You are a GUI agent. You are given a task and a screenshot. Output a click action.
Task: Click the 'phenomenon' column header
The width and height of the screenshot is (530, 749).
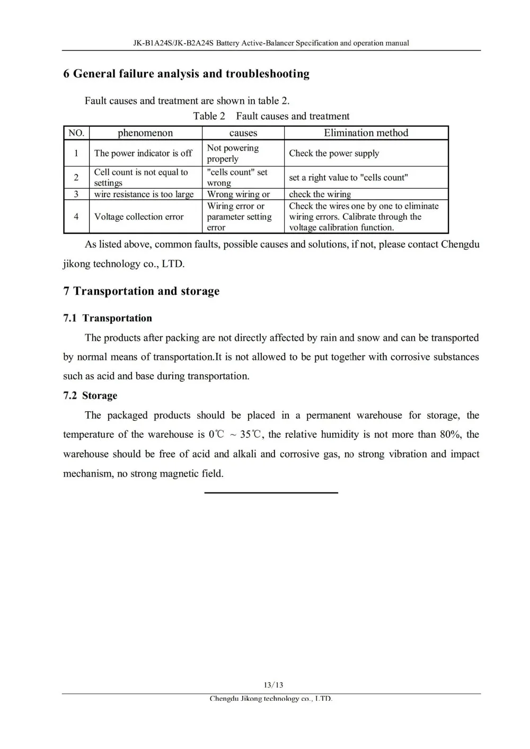point(145,133)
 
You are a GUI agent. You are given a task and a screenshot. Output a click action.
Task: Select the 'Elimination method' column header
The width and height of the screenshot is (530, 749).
point(366,133)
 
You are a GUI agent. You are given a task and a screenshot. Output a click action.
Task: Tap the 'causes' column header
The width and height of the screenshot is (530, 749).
point(243,133)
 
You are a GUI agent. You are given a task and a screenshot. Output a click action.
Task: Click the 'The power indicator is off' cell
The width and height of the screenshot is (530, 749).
point(143,153)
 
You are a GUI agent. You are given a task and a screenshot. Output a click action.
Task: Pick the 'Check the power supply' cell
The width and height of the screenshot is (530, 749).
point(334,153)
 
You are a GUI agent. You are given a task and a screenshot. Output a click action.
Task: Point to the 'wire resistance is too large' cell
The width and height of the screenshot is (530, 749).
point(144,194)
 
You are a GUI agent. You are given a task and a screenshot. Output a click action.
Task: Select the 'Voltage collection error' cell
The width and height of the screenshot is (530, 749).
point(139,216)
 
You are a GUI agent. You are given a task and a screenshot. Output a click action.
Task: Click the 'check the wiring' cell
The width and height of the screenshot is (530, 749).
point(320,194)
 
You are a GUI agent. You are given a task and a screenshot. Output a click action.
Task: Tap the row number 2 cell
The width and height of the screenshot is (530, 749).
point(76,178)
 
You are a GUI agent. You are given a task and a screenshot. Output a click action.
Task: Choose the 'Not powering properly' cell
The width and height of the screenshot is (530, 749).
point(233,153)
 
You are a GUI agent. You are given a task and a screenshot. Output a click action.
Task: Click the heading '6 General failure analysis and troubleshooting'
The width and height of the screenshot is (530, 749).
point(186,74)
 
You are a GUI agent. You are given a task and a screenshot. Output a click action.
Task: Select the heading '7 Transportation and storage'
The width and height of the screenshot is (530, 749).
point(141,291)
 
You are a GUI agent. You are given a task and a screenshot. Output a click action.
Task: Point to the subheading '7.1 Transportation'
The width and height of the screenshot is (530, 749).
point(108,318)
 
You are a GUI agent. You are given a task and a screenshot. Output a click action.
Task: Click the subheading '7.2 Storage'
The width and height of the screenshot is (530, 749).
point(90,395)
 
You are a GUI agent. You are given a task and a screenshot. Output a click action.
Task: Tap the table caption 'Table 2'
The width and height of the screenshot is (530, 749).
point(209,116)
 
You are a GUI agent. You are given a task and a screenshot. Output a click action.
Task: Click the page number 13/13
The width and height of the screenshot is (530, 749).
point(273,685)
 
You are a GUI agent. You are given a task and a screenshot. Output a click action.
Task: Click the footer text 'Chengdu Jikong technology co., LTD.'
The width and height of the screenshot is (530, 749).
point(271,699)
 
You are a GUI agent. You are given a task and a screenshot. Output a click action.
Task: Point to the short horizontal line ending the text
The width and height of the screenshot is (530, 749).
point(271,493)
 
